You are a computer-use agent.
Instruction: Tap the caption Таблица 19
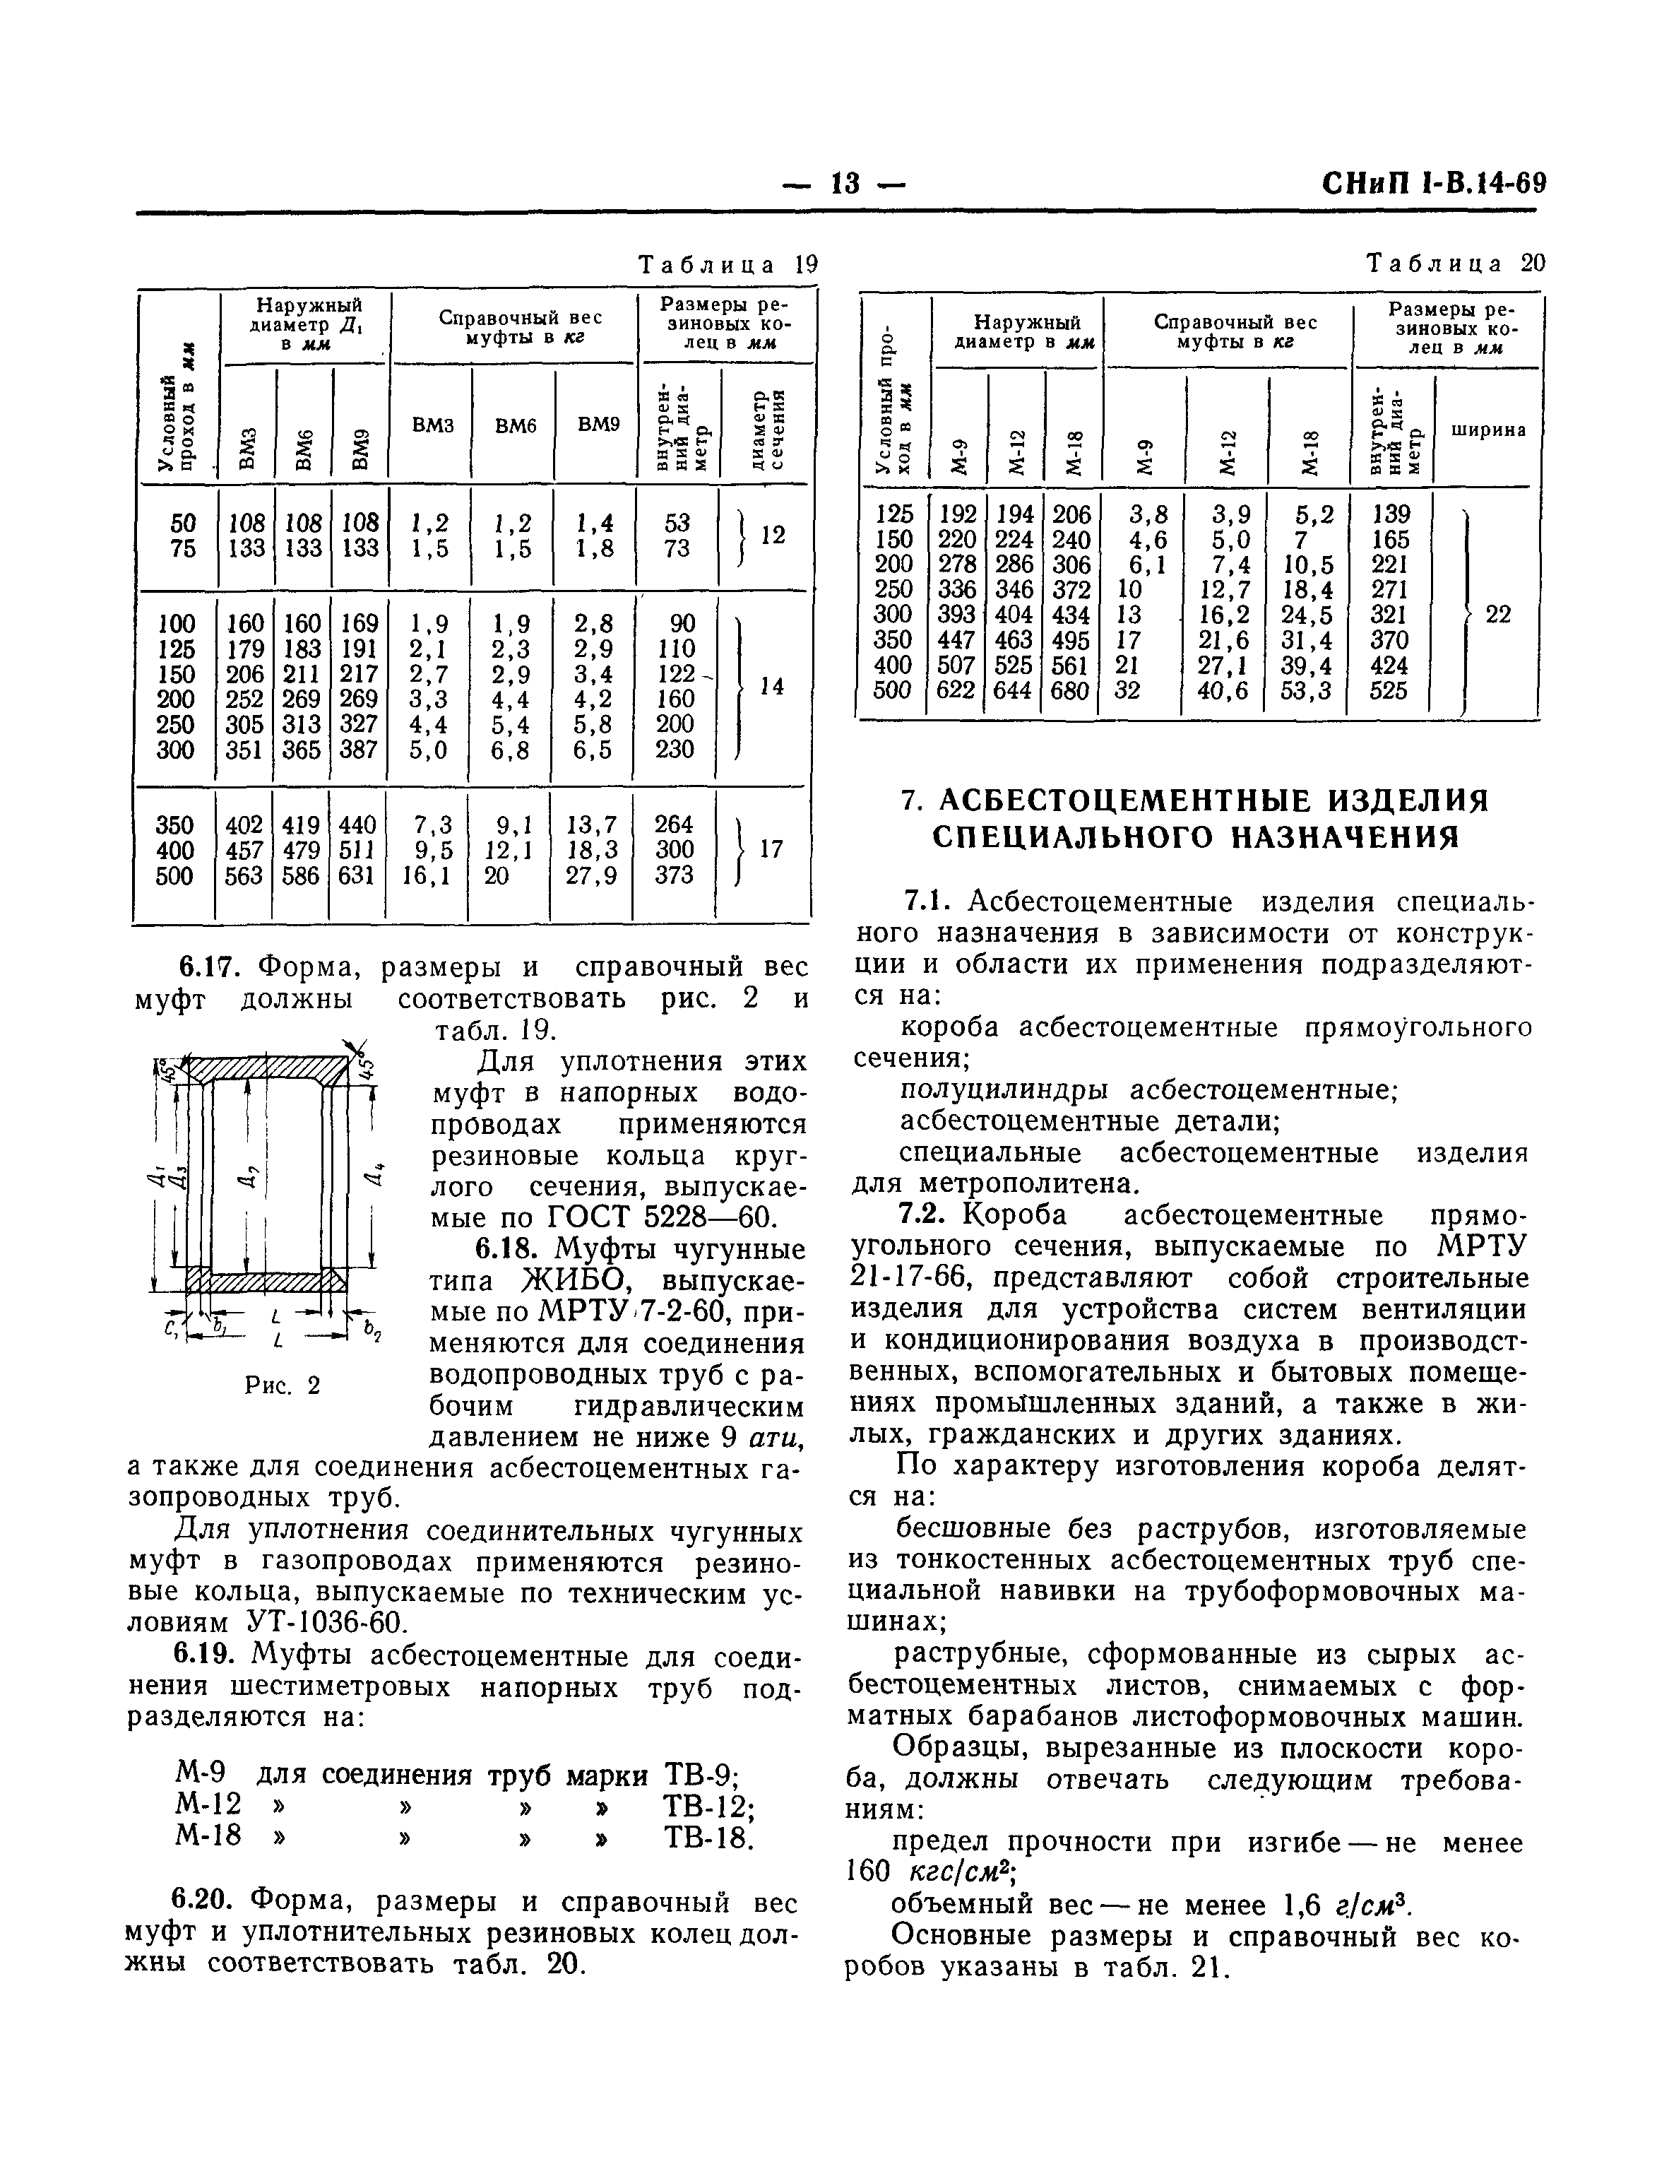pos(727,265)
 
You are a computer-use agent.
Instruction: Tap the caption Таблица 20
pos(1456,264)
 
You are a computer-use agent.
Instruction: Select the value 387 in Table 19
pos(358,750)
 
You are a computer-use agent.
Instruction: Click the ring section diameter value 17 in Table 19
pos(771,849)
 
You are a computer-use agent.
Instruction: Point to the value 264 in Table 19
pos(674,825)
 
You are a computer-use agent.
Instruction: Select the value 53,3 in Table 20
pos(1307,690)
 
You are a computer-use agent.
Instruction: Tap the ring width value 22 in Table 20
pos(1498,615)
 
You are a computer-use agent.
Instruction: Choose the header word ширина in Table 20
pos(1488,430)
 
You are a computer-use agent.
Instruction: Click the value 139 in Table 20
pos(1390,514)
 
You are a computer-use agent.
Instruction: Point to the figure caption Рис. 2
pos(283,1385)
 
